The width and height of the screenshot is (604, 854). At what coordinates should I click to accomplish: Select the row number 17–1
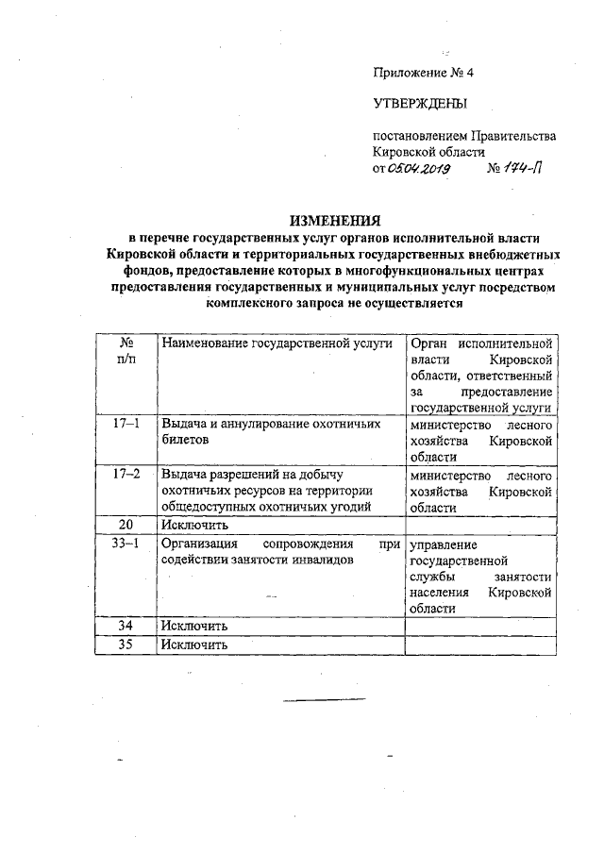click(x=126, y=425)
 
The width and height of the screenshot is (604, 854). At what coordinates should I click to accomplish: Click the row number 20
click(x=126, y=524)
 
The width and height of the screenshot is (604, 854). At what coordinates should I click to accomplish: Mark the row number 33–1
click(x=126, y=544)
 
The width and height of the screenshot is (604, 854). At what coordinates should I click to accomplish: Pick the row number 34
click(x=126, y=626)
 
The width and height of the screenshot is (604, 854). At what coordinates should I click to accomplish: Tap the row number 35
click(x=126, y=645)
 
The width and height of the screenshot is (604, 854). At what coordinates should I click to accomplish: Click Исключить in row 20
click(x=194, y=524)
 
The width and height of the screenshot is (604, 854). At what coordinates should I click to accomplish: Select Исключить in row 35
click(x=194, y=645)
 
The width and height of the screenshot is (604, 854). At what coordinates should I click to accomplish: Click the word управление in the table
click(x=445, y=544)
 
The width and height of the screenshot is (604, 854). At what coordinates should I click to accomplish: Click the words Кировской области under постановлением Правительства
click(x=428, y=151)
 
